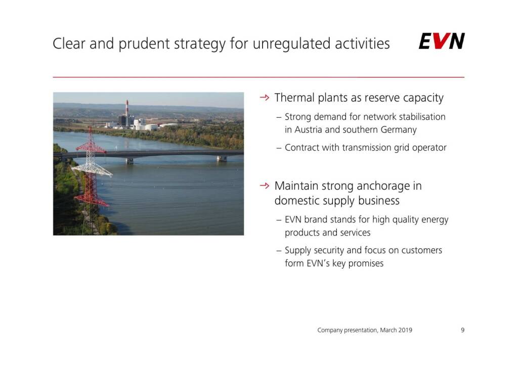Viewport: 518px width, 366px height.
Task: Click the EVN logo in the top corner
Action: [442, 41]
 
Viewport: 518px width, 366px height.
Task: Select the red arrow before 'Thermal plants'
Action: [265, 98]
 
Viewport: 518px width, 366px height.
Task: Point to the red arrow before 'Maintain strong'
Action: [265, 186]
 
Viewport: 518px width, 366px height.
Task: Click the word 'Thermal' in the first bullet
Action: [294, 98]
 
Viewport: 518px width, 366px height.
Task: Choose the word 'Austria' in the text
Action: [308, 130]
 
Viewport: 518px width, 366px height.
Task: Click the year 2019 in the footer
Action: [405, 330]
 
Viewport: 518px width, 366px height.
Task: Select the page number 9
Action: [462, 330]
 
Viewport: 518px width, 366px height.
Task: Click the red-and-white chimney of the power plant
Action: [127, 108]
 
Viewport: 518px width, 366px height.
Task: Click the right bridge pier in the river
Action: [222, 159]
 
